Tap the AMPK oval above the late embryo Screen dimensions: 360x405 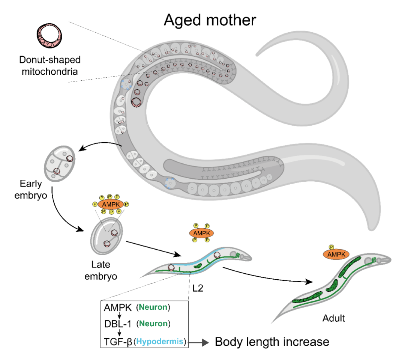[109, 204]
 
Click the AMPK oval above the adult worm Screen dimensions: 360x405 [336, 255]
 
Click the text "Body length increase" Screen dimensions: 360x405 [272, 342]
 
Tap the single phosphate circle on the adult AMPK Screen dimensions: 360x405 [331, 247]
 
